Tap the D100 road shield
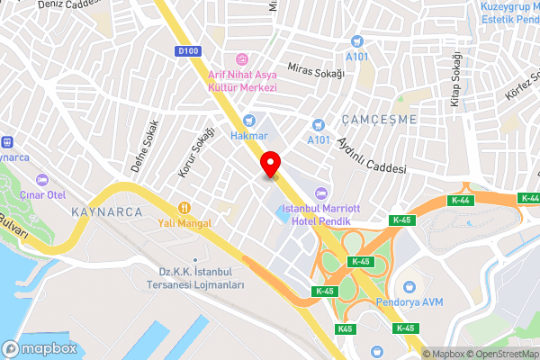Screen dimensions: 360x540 [x=189, y=51]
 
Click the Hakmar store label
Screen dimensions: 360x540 [x=249, y=136]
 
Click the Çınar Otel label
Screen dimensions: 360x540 [x=43, y=195]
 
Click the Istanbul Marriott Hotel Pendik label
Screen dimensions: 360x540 [x=319, y=214]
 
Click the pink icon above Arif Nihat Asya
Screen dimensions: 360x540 [x=242, y=58]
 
